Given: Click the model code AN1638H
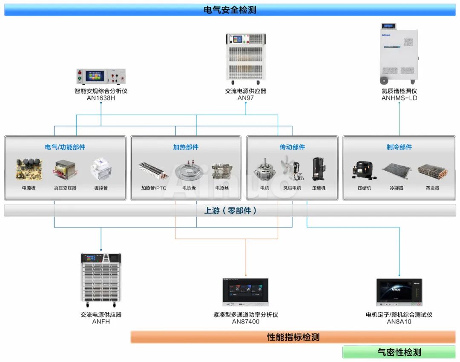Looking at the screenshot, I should pos(101,98).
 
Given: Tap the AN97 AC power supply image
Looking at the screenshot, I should pos(246,58).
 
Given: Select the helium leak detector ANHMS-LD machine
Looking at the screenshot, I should pos(399,54).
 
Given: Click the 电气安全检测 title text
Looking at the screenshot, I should pos(230,10).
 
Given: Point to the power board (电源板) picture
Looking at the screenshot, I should pos(29,170).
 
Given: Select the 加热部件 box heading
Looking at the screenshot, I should pos(186,147).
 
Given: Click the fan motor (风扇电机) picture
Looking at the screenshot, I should pos(292,169).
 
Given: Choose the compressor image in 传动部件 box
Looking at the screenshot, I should pos(318,170).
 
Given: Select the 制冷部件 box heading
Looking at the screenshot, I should pos(399,147).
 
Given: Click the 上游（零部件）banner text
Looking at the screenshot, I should pos(230,210).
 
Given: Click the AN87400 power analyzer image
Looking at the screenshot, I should pos(246,292).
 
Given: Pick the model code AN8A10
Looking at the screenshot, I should pos(399,322).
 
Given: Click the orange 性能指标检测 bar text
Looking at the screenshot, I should pos(293,337).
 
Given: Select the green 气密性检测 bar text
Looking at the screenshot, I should pos(399,352).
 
